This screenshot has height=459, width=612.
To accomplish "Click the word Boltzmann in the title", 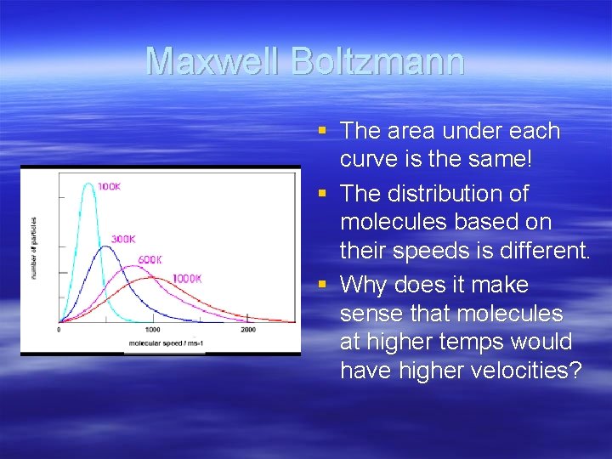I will [x=377, y=62].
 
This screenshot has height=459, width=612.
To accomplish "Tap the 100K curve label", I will [x=109, y=186].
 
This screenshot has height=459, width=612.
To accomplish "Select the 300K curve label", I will [x=123, y=240].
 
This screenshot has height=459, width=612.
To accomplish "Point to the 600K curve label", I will [x=150, y=259].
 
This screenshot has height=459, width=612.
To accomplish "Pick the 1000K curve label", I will [x=186, y=279].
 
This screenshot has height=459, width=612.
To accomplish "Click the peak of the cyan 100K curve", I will [x=88, y=183].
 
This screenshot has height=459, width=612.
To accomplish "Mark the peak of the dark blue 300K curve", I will [x=105, y=246].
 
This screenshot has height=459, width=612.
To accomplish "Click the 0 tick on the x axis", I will [x=59, y=330].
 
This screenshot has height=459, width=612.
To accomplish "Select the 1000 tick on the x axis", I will [x=153, y=330].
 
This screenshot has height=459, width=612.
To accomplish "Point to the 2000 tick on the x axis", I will [x=247, y=330].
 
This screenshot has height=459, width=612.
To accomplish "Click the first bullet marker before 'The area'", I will [x=321, y=131].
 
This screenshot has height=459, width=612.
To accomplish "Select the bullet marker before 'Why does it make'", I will [x=321, y=284].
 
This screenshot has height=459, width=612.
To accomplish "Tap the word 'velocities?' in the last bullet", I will [x=525, y=371].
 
